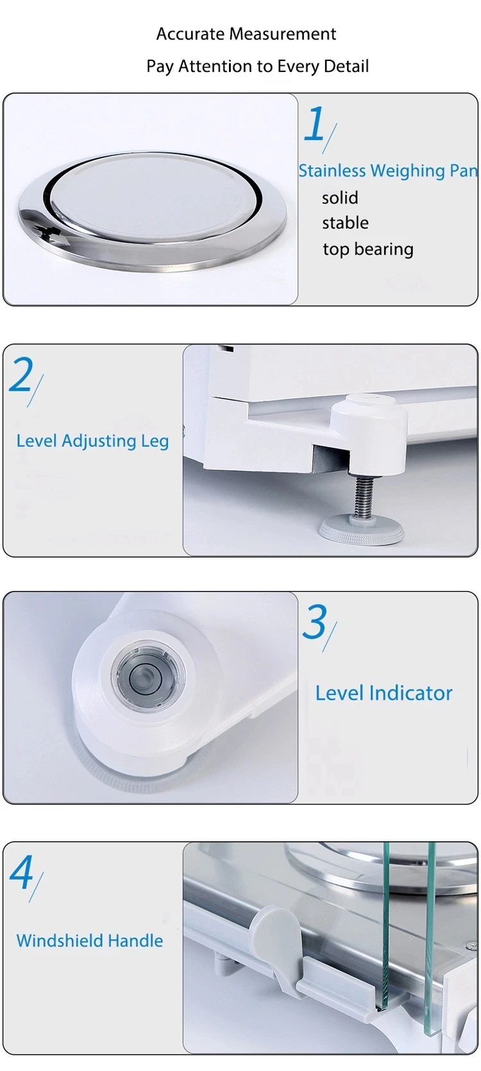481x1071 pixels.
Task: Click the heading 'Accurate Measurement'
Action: [x=246, y=34]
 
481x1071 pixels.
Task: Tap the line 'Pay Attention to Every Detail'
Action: [x=257, y=66]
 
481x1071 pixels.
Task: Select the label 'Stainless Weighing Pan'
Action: [x=388, y=171]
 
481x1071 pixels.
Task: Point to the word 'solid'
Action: [x=340, y=198]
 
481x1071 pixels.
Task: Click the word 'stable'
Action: [x=345, y=223]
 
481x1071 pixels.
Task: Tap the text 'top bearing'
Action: [x=367, y=249]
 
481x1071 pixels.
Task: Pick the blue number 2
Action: [x=22, y=375]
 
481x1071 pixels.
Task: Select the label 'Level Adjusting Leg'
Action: [x=92, y=441]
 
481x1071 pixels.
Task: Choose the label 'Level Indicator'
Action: [x=384, y=693]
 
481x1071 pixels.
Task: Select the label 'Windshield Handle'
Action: [x=90, y=941]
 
